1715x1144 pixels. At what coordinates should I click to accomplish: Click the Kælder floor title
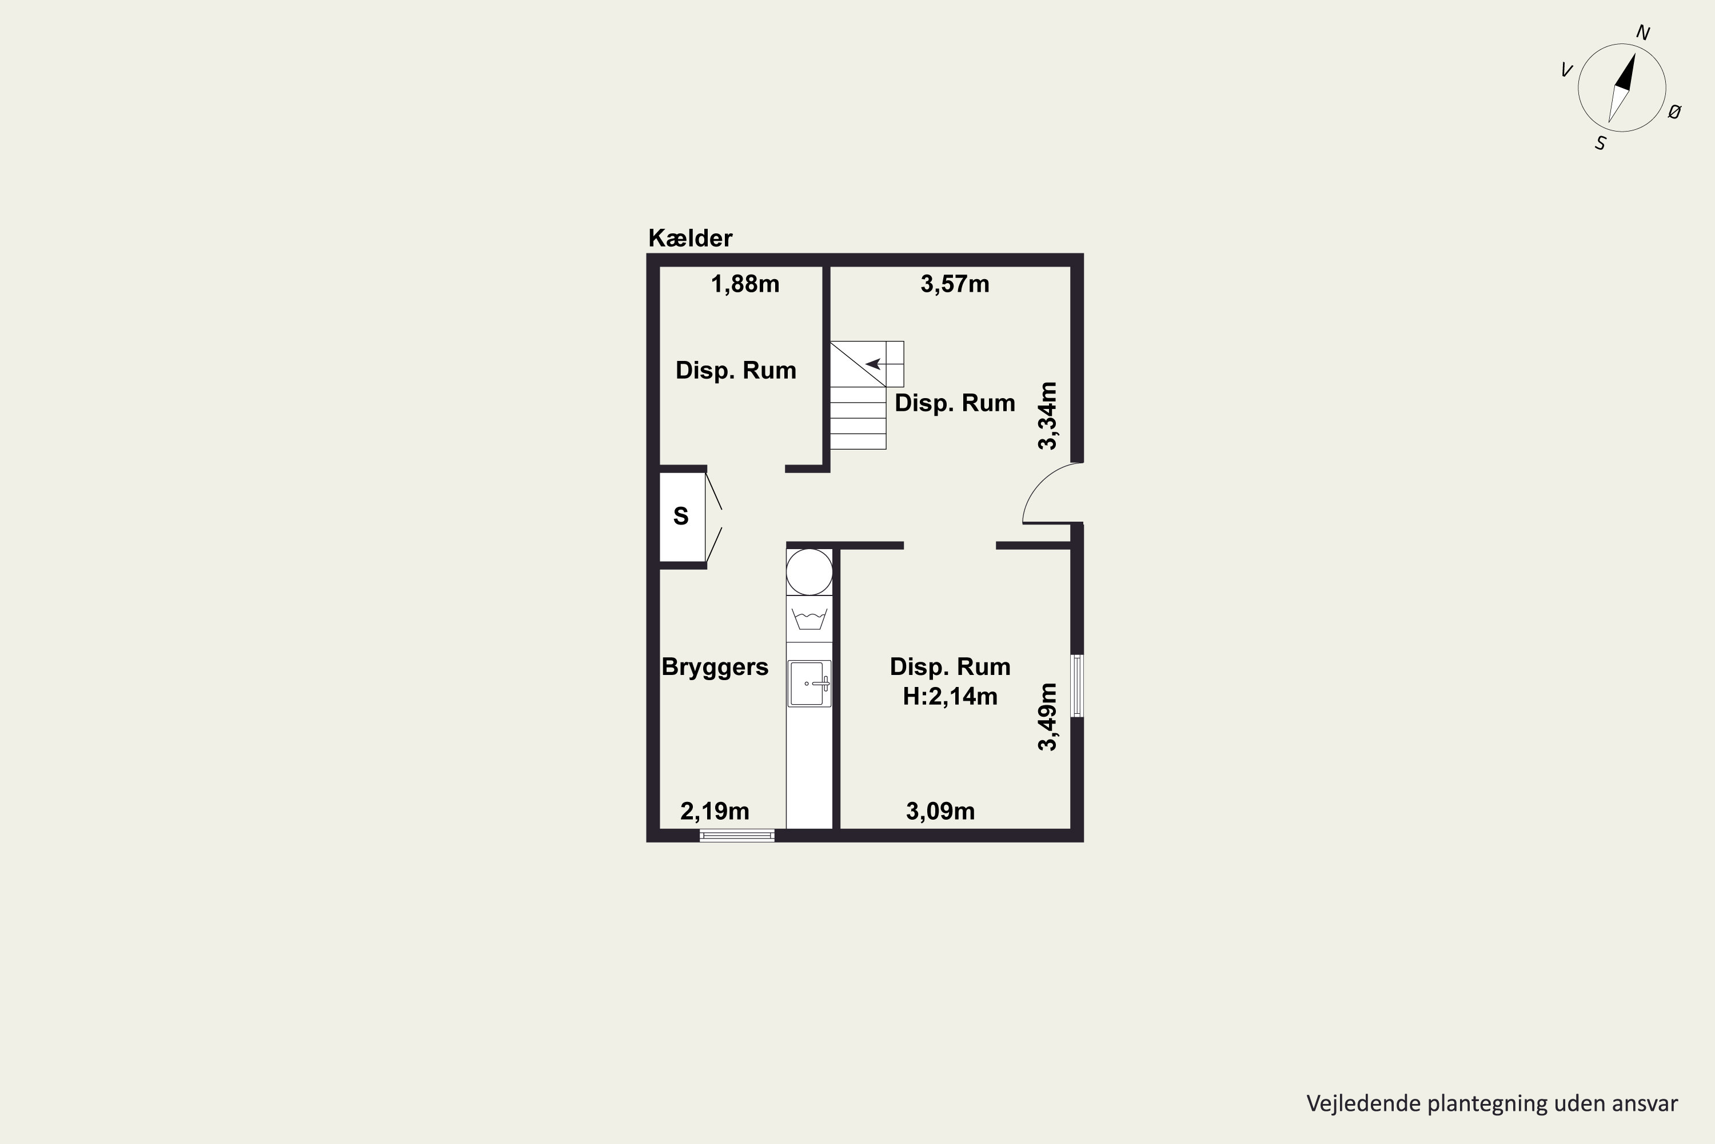(x=690, y=238)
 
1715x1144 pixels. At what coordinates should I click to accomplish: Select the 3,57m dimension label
(x=955, y=284)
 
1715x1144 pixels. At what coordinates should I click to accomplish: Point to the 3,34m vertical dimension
(x=1048, y=416)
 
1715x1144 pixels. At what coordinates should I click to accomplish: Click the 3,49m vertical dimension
(x=1048, y=717)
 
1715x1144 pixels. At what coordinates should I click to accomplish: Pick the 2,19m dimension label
(x=715, y=811)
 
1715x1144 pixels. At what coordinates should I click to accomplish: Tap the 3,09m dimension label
(x=940, y=811)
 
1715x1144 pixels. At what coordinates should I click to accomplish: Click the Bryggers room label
(x=715, y=667)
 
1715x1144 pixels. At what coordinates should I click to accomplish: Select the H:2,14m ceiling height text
(x=950, y=696)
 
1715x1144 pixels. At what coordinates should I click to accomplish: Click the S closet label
(x=681, y=517)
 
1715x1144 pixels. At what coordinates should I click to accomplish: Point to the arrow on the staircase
(x=874, y=363)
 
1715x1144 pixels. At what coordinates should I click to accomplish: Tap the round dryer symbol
(x=809, y=572)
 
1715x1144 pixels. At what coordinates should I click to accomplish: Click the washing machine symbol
(x=809, y=619)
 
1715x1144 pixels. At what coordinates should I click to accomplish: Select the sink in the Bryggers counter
(x=809, y=684)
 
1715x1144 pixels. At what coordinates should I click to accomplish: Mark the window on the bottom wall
(x=737, y=835)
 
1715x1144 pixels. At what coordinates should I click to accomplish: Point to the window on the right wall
(x=1077, y=686)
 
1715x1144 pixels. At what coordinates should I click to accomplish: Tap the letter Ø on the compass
(x=1675, y=112)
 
